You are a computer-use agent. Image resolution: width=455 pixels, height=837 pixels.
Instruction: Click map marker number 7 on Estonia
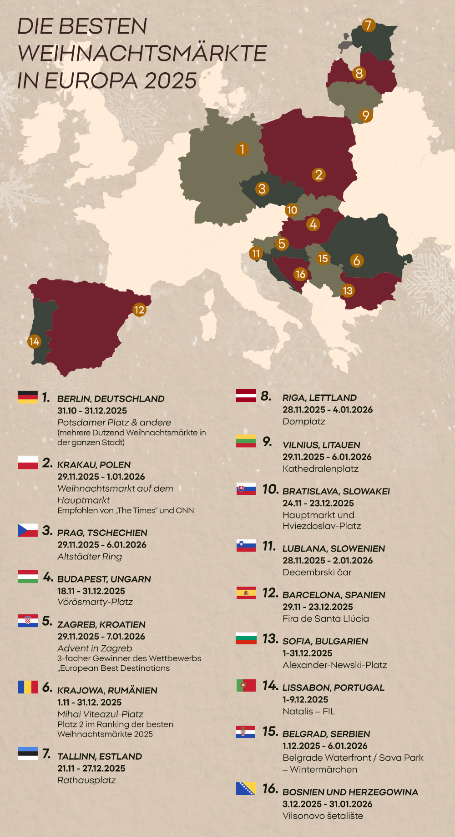coord(369,25)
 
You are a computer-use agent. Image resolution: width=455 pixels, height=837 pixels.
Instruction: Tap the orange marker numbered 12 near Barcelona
coord(139,310)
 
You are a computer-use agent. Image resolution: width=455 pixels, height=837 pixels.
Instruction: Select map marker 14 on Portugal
coord(34,341)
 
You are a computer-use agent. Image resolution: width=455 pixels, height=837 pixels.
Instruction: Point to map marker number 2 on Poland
coord(318,174)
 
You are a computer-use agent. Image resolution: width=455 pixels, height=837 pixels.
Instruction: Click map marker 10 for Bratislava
coord(292,210)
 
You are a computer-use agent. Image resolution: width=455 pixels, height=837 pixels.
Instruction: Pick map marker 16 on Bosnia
coord(300,274)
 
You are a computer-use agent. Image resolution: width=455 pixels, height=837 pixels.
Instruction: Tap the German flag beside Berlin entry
coord(28,397)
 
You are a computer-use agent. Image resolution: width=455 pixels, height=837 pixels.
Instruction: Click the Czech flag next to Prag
coord(28,530)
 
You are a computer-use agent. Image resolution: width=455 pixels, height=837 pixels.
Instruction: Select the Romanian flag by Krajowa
coord(28,687)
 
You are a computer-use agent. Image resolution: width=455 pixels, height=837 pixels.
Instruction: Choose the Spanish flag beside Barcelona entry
coord(246,593)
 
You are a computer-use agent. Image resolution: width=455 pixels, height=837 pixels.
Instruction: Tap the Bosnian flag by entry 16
coord(246,788)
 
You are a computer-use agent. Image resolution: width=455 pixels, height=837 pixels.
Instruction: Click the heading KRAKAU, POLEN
coord(94,465)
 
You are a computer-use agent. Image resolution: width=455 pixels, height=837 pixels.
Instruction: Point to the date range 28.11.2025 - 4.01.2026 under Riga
coord(328,409)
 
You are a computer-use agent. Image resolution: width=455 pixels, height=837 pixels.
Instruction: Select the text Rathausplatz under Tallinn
coord(86,780)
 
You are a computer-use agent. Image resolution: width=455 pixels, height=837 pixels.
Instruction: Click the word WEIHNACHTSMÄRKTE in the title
coord(142,53)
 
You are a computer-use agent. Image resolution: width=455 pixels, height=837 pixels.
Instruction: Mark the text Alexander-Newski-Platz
coord(334,665)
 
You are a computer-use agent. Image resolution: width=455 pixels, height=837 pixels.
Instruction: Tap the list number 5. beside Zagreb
coord(47,621)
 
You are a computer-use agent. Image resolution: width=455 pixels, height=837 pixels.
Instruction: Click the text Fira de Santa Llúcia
coord(326,618)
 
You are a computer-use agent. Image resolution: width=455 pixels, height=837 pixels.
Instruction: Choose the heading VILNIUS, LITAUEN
coord(321,445)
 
